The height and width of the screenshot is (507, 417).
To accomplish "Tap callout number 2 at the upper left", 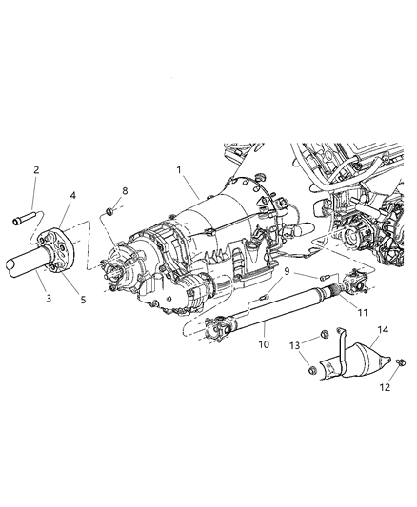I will coord(37,170).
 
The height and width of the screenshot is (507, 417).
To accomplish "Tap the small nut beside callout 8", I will coord(111,210).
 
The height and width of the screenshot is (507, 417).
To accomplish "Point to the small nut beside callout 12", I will coord(401,361).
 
